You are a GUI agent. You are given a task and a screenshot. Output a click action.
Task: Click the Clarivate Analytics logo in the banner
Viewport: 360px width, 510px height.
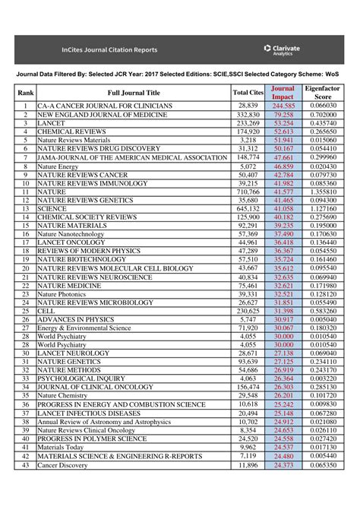coord(282,49)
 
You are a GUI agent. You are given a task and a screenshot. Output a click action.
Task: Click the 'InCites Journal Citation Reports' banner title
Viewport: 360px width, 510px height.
coord(109,50)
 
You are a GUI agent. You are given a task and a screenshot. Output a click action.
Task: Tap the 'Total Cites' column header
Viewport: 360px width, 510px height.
coord(248,93)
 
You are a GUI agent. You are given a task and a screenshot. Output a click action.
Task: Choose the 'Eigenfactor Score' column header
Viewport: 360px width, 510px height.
coord(323,93)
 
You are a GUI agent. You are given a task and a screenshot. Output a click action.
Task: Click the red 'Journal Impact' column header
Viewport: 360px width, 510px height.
coord(283,93)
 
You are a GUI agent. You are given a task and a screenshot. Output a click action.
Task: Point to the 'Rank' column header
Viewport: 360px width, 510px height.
coord(25,93)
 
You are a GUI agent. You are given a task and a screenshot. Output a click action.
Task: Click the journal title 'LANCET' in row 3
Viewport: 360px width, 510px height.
coord(50,122)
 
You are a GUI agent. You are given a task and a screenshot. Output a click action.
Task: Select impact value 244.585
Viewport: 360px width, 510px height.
coord(283,105)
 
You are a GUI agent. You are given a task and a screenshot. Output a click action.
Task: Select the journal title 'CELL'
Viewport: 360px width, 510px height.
coord(46,312)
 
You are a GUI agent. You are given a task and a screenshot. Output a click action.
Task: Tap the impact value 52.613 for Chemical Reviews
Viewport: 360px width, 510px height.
coord(283,131)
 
